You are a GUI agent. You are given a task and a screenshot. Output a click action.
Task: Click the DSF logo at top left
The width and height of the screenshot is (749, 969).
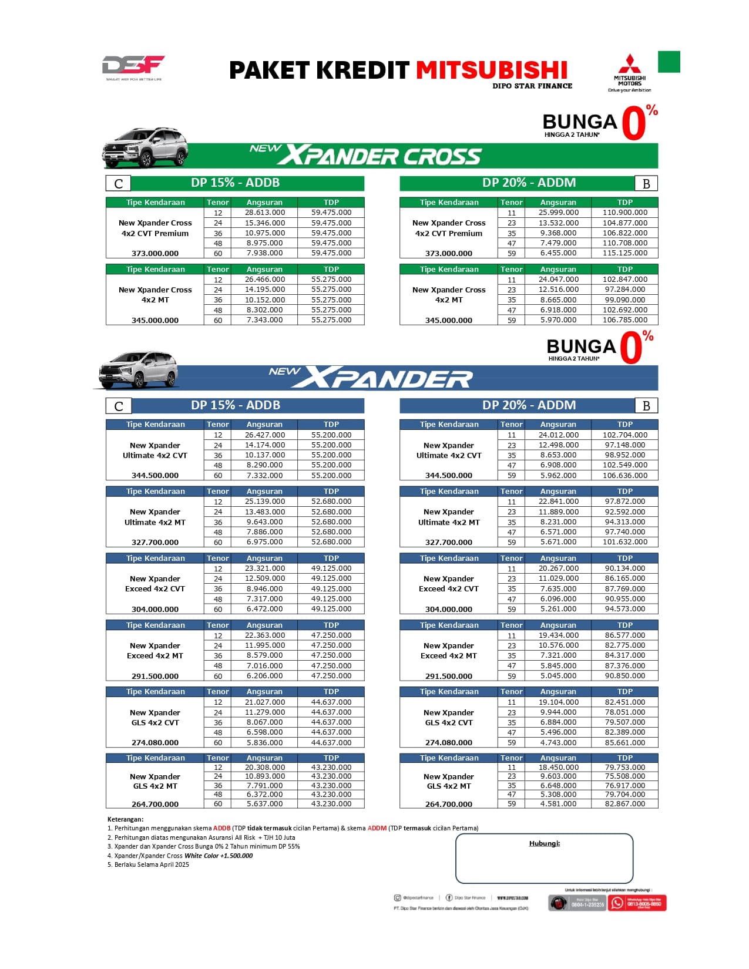133,66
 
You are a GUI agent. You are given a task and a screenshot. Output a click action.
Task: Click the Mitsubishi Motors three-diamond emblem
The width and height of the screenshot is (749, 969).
629,64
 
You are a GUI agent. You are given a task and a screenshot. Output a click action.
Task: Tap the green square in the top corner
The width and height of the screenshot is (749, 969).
669,62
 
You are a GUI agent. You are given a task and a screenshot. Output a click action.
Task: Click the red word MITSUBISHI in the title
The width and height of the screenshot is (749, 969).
492,70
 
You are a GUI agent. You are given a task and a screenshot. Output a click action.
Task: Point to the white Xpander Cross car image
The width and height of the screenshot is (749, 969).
146,147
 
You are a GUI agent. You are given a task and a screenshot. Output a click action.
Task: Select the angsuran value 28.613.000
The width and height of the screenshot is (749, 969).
265,213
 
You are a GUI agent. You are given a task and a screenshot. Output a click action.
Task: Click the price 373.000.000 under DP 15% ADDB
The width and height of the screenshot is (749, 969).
155,254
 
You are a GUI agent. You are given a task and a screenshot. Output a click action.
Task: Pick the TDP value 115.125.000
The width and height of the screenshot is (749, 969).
624,253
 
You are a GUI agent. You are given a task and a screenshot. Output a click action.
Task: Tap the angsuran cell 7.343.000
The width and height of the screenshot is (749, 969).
265,320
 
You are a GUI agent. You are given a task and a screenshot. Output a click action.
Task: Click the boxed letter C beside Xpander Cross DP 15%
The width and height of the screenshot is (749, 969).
118,184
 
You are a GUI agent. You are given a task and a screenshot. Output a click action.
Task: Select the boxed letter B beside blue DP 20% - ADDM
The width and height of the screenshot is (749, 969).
646,406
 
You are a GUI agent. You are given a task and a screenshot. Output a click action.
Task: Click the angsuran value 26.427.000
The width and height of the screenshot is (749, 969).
265,435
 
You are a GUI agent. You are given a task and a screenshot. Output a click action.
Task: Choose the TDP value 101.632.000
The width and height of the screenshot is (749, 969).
624,542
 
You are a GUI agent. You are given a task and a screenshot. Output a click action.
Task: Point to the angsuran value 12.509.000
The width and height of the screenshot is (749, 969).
265,578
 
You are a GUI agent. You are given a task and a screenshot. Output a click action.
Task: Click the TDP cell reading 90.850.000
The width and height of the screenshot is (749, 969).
624,676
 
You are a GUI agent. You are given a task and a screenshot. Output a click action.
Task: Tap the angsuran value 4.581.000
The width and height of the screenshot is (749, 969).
558,804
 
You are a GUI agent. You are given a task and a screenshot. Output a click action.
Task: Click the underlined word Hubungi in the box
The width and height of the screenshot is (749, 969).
544,843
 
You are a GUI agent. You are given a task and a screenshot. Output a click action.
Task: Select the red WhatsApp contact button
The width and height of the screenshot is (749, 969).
637,903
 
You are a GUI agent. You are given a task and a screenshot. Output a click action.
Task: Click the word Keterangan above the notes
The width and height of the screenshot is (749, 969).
125,819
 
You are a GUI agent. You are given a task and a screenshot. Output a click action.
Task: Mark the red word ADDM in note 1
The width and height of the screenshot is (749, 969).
377,828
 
